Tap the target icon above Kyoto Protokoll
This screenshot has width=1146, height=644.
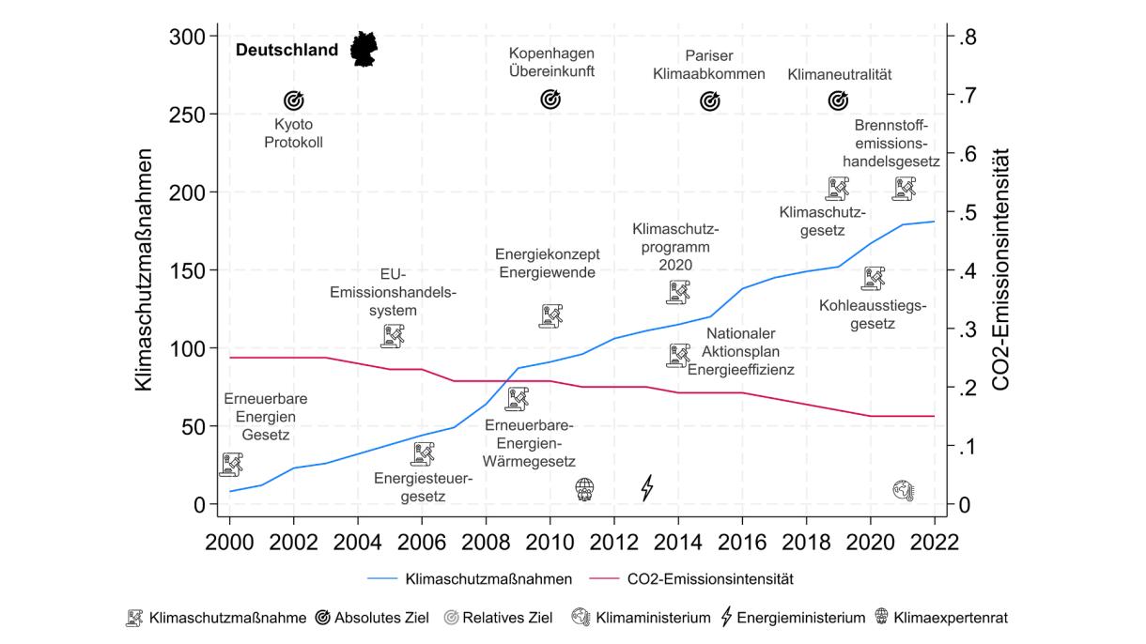click(294, 100)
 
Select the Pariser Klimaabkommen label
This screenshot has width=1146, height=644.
click(708, 64)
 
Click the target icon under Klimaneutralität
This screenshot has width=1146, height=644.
click(838, 100)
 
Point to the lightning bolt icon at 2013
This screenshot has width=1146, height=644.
click(647, 488)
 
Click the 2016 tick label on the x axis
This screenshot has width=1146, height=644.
click(742, 544)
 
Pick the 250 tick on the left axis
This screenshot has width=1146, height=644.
click(188, 114)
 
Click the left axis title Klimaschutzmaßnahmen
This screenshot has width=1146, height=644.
click(144, 272)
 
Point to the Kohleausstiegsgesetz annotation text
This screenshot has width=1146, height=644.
click(872, 314)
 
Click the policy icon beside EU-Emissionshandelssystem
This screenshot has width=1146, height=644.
click(393, 335)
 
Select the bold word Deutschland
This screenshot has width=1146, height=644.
click(286, 50)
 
